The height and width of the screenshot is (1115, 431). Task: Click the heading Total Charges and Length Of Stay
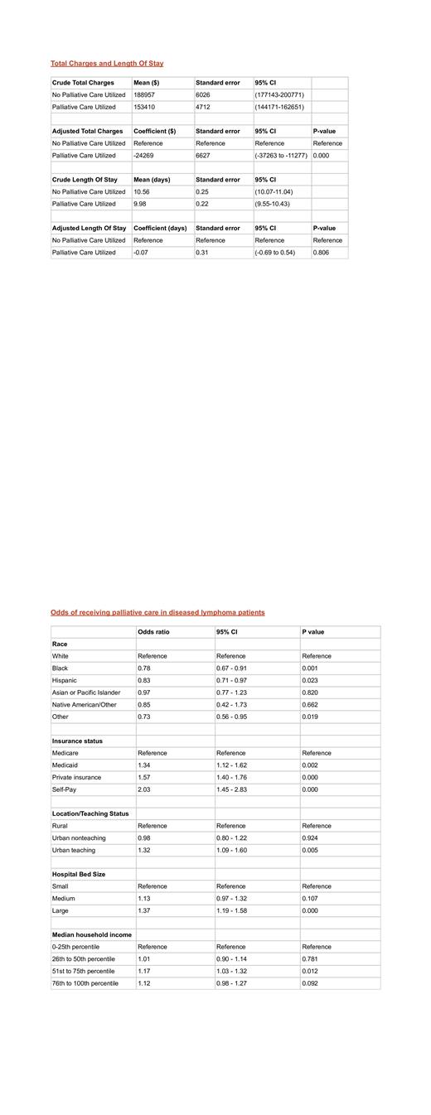(x=107, y=63)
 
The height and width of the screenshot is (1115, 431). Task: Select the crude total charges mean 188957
(x=144, y=95)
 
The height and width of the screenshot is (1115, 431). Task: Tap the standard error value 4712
(x=203, y=107)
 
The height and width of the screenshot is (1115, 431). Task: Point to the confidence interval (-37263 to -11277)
(x=281, y=156)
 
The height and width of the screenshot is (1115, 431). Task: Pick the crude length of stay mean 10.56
(x=142, y=191)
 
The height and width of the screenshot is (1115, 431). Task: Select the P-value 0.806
(x=321, y=253)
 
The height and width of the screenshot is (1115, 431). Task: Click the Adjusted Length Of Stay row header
(x=90, y=228)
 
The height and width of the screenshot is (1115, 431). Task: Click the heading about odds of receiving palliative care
(x=157, y=612)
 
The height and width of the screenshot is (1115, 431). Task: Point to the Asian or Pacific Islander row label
(x=86, y=693)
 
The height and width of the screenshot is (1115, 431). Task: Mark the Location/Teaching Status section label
(x=90, y=813)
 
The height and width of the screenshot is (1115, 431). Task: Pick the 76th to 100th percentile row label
(x=85, y=983)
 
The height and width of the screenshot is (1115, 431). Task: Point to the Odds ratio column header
(x=153, y=632)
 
